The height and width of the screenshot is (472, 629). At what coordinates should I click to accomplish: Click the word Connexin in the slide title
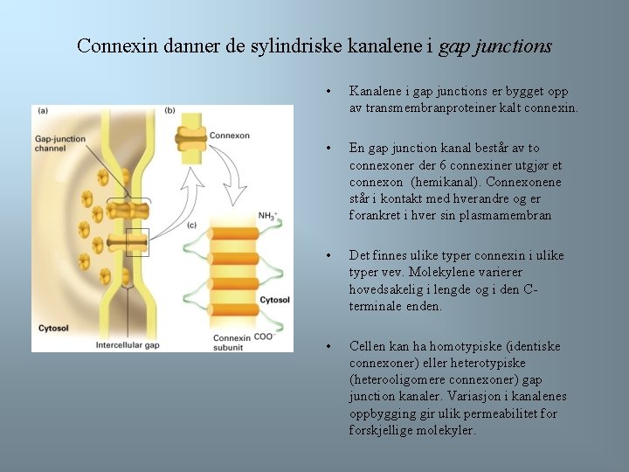point(113,45)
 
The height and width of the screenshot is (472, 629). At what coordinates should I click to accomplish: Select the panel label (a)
point(42,110)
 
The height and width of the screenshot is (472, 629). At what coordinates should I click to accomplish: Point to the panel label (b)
point(169,110)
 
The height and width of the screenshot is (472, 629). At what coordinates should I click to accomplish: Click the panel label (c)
point(191,226)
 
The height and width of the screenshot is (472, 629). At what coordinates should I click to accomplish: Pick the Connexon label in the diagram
point(230,135)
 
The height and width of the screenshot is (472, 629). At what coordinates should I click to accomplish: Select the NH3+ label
point(269,215)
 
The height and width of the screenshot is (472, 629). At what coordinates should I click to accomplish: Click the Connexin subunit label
point(232,343)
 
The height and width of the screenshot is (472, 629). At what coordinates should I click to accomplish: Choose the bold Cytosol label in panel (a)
point(53,329)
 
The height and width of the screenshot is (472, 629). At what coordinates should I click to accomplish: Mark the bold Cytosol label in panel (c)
point(273,300)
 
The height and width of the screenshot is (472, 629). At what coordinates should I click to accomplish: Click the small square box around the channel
point(137,242)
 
